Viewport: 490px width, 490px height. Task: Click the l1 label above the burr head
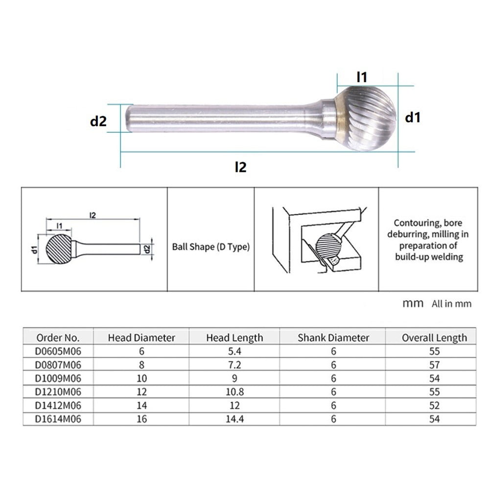pyautogui.click(x=362, y=77)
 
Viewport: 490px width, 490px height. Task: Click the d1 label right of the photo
pyautogui.click(x=413, y=117)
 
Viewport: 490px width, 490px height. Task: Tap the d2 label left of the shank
pyautogui.click(x=98, y=121)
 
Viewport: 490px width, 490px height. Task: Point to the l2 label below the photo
pyautogui.click(x=240, y=167)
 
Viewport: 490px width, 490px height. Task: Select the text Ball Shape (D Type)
pyautogui.click(x=210, y=247)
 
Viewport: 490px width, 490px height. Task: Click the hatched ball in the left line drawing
pyautogui.click(x=58, y=248)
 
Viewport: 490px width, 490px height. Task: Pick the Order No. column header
pyautogui.click(x=58, y=337)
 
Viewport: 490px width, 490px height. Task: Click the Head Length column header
pyautogui.click(x=234, y=337)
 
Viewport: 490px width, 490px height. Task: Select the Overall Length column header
pyautogui.click(x=434, y=337)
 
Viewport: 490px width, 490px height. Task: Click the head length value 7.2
pyautogui.click(x=234, y=365)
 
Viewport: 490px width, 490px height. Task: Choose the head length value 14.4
pyautogui.click(x=234, y=419)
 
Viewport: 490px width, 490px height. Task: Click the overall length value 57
pyautogui.click(x=434, y=365)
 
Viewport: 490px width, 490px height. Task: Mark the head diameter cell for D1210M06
pyautogui.click(x=141, y=392)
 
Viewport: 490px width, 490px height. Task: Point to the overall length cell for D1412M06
pyautogui.click(x=434, y=405)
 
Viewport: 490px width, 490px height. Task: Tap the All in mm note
pyautogui.click(x=451, y=304)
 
